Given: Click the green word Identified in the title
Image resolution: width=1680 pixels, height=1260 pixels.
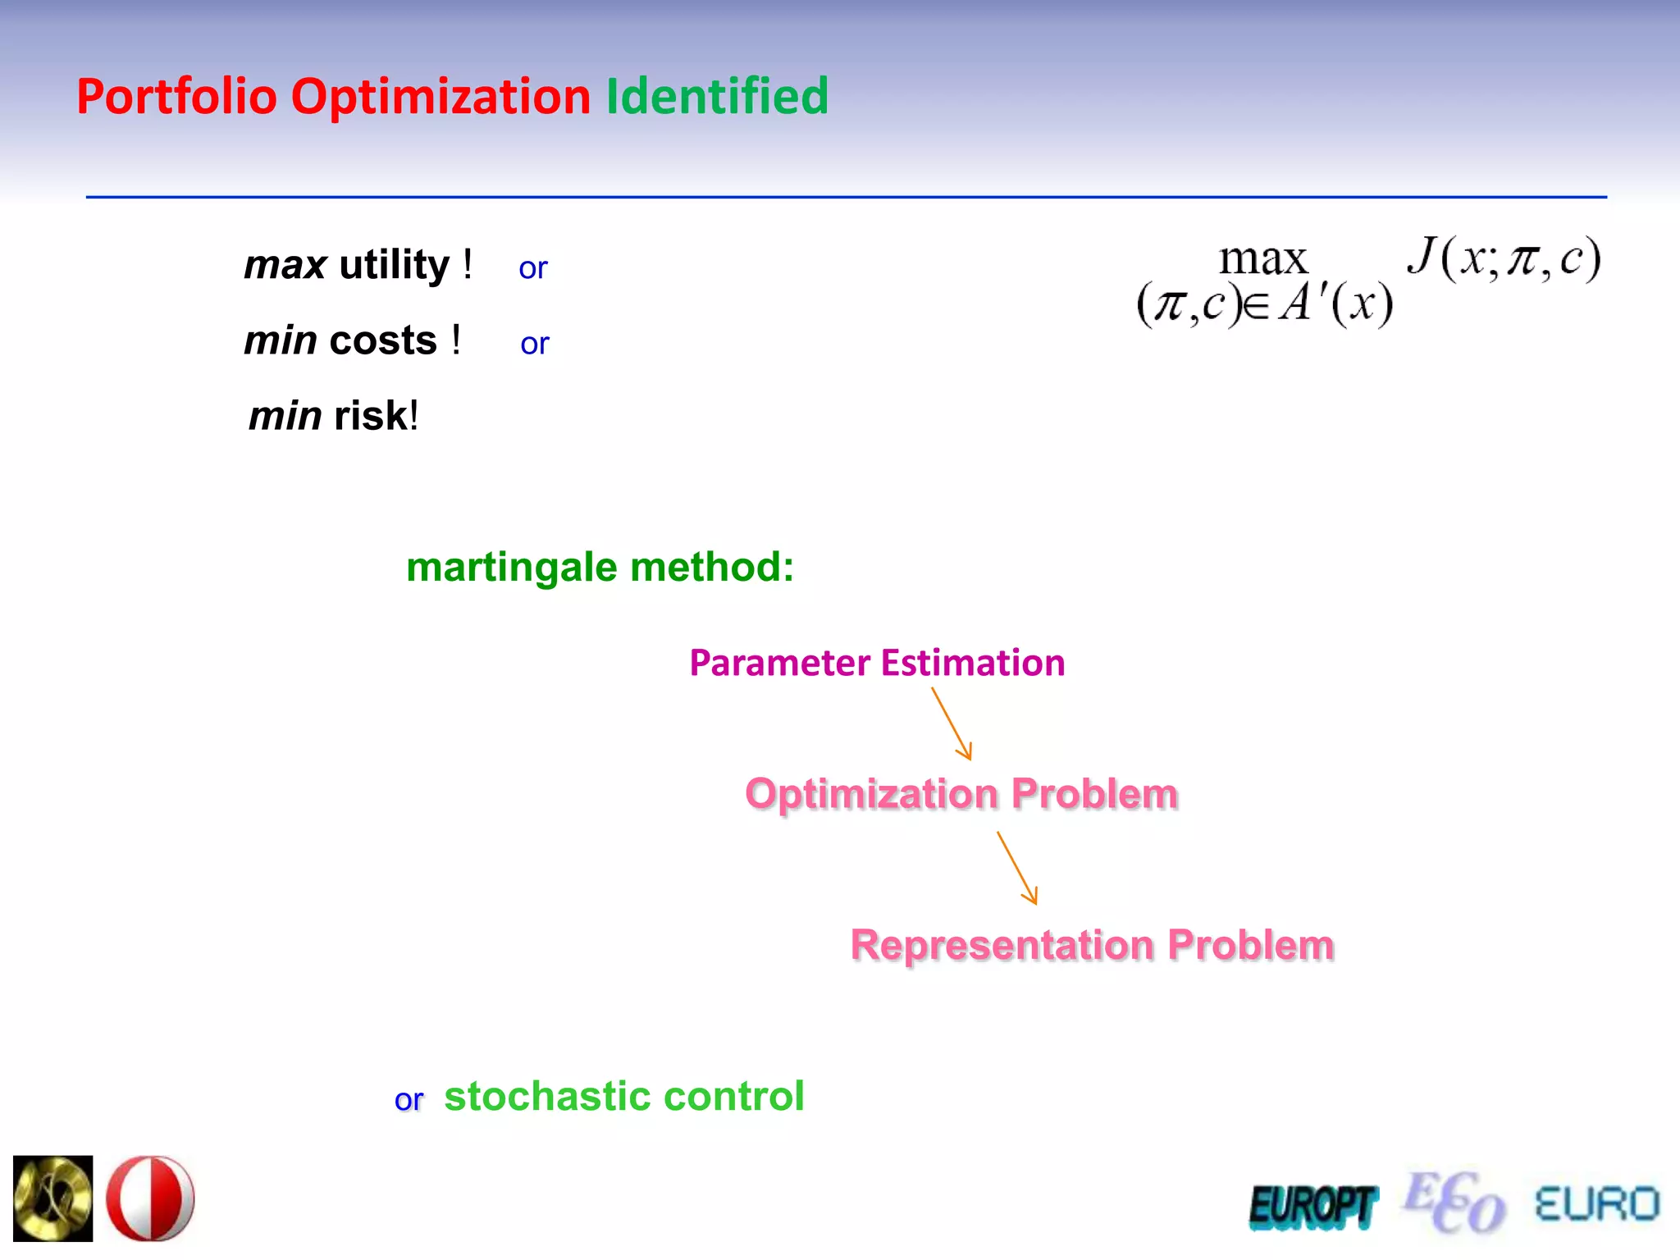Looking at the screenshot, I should point(717,96).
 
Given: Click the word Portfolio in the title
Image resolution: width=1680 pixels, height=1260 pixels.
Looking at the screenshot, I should point(176,96).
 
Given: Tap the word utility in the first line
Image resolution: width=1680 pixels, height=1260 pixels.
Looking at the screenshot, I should point(394,265).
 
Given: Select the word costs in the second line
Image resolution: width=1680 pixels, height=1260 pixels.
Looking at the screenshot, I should point(383,340).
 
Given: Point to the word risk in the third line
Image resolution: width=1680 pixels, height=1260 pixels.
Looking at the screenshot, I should point(371,416).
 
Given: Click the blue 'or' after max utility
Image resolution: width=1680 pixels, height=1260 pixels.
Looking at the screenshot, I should point(532,268).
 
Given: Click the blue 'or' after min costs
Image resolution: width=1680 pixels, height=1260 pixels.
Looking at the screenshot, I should point(534,344).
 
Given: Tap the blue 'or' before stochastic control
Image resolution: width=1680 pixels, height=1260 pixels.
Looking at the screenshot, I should point(409,1100).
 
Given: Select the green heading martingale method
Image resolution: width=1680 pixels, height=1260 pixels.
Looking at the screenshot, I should point(600,567).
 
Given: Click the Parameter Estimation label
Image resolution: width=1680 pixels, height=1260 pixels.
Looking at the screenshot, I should point(877,663).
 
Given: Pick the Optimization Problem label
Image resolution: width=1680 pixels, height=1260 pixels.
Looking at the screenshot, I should point(961,793).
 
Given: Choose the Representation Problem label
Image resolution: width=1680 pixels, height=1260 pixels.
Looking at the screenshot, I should point(1092,944).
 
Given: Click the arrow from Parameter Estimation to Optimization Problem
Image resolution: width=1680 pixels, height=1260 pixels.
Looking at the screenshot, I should point(952,724).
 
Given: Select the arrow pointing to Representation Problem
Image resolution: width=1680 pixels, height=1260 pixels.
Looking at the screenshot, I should point(1017,868).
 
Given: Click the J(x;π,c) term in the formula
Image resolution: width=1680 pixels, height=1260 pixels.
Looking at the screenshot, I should point(1504,259).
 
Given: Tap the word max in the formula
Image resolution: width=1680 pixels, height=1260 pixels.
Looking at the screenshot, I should point(1262,259).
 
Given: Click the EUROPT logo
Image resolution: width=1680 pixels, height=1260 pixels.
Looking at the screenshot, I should point(1312,1207).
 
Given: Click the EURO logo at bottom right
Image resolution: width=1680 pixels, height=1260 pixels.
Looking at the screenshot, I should point(1596,1204).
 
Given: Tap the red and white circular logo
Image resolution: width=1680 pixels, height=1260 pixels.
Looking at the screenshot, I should point(150,1198).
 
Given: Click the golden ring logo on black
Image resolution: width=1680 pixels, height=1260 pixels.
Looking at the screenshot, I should point(53,1198).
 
